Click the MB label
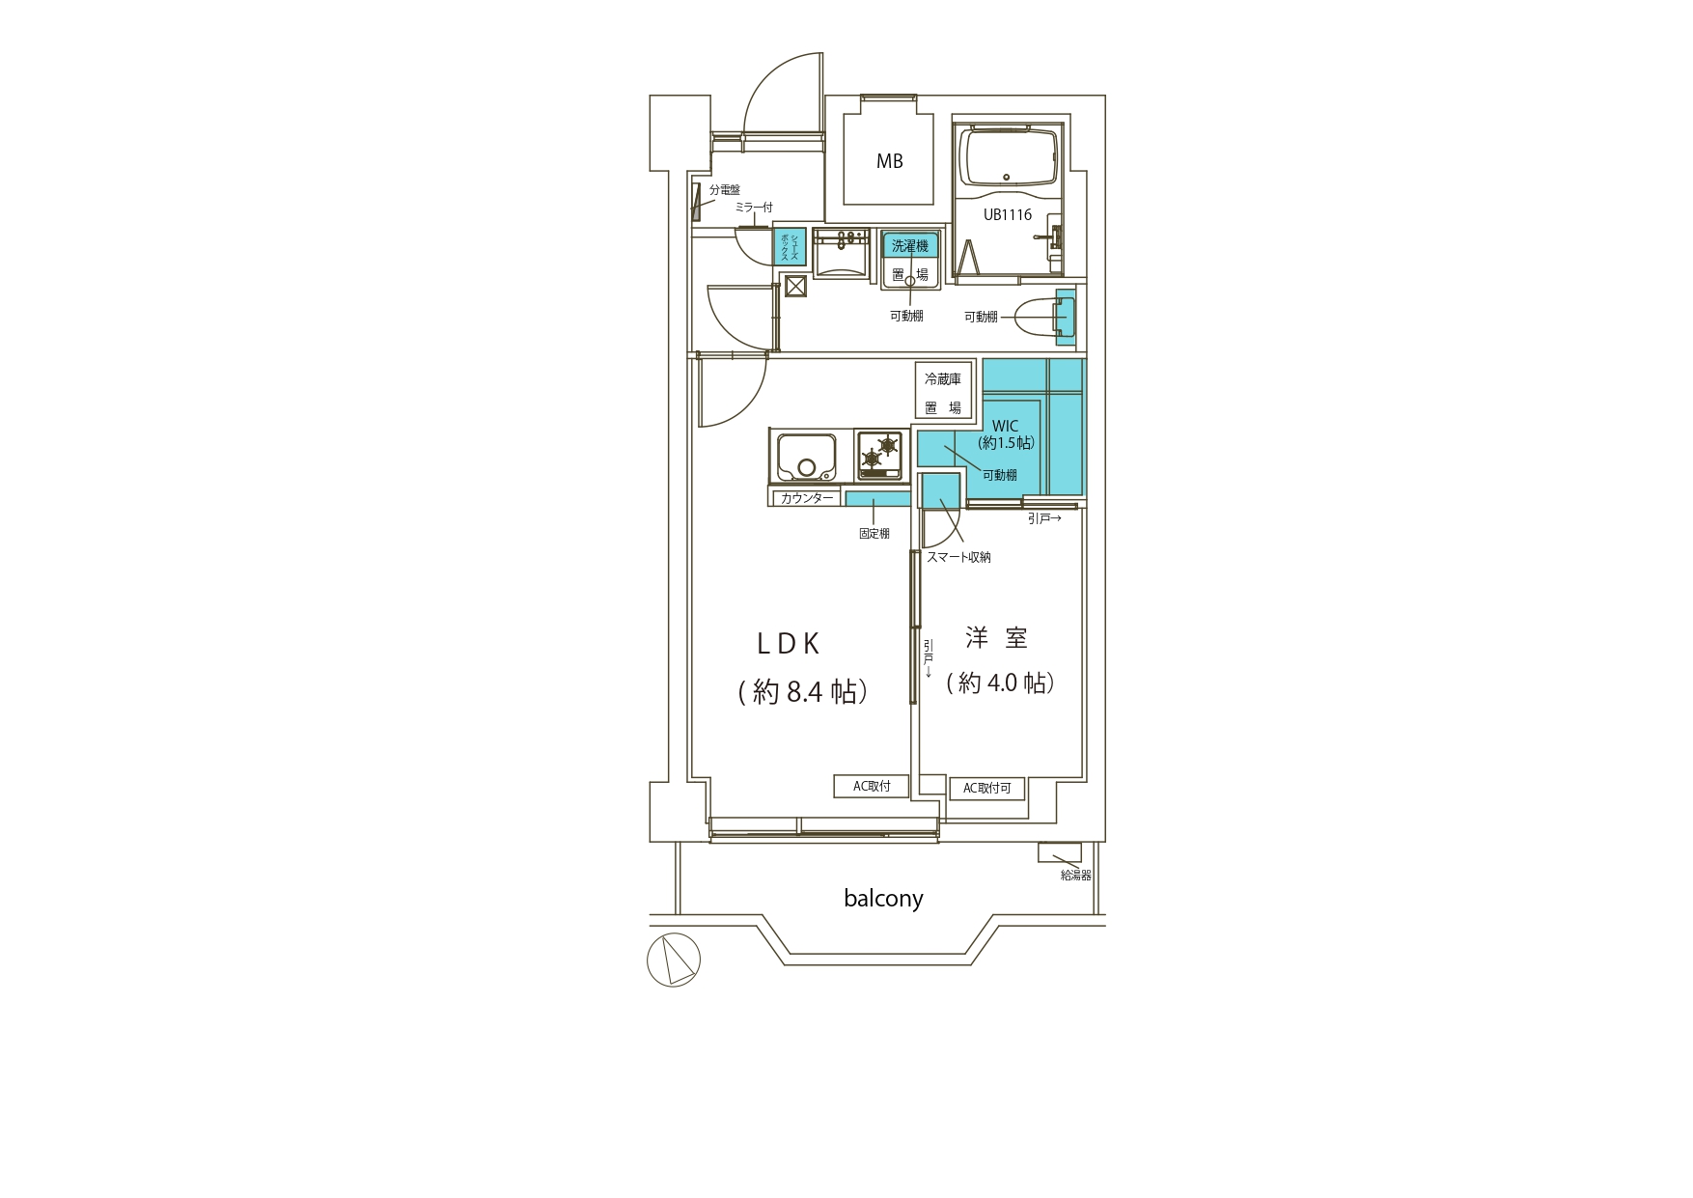[889, 161]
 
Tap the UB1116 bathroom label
[1008, 214]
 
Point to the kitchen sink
[803, 456]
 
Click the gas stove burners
[881, 455]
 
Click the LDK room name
[788, 644]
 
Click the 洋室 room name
[997, 638]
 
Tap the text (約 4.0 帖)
[1000, 683]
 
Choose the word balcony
[883, 899]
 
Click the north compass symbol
[674, 961]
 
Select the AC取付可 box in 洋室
[986, 789]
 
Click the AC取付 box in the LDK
[872, 786]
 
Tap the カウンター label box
[806, 498]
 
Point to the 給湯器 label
[1075, 876]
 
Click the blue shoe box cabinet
[791, 247]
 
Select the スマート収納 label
[958, 557]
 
